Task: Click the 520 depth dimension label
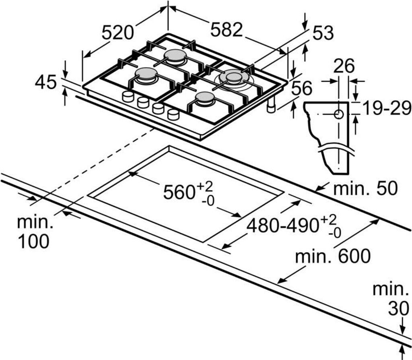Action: pyautogui.click(x=117, y=32)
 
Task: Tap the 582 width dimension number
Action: pyautogui.click(x=227, y=30)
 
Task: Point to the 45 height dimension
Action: pyautogui.click(x=46, y=82)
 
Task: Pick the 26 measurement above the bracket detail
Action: pyautogui.click(x=344, y=66)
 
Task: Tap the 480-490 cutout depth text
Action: pyautogui.click(x=283, y=226)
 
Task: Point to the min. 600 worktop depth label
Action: pyautogui.click(x=332, y=256)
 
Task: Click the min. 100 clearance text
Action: pyautogui.click(x=34, y=232)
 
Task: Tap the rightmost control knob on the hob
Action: pyautogui.click(x=173, y=114)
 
